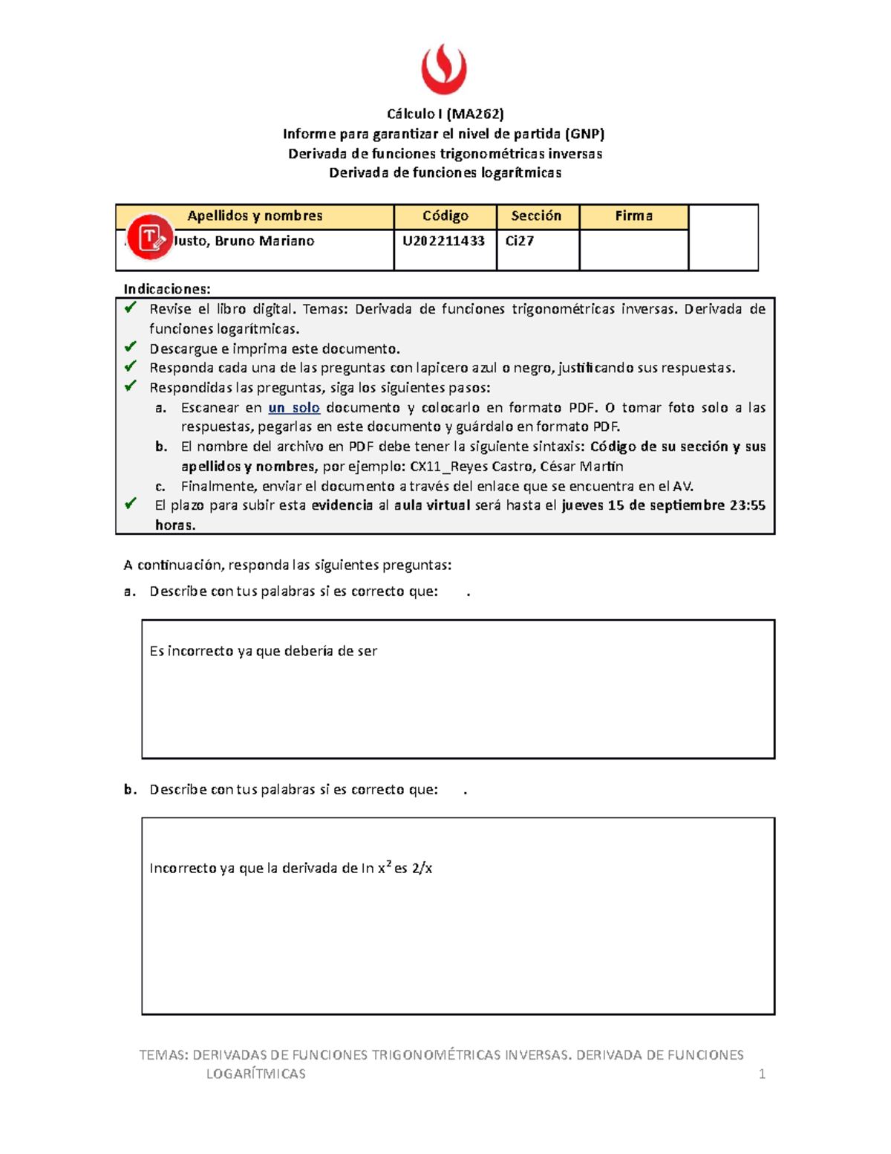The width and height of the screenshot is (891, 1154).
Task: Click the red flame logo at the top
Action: pos(444,69)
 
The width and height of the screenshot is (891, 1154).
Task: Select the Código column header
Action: pos(446,216)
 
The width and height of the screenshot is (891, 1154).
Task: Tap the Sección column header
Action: pos(536,216)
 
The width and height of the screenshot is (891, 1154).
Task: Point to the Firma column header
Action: pos(633,216)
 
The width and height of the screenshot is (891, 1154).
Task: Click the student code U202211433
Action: pos(443,241)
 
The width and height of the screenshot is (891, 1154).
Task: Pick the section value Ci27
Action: pos(520,241)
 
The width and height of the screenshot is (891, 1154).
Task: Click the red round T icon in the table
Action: pos(150,237)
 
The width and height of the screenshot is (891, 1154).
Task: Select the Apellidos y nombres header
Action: pos(255,216)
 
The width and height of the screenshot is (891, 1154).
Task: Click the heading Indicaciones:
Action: pos(167,289)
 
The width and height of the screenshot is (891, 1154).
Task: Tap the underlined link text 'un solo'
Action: pos(294,408)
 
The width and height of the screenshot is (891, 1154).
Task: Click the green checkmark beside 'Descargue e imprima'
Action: pos(131,347)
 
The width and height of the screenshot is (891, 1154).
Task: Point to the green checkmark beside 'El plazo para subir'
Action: pos(131,504)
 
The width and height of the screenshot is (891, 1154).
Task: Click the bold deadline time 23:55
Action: pos(747,505)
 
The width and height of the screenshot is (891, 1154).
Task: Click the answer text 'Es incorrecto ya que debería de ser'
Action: pos(264,651)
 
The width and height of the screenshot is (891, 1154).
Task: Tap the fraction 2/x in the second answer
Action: pos(422,868)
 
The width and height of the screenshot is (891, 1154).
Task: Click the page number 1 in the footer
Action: pos(762,1074)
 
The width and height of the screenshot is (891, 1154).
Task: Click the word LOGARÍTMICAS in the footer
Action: pos(256,1074)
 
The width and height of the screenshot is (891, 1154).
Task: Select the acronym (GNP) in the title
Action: pos(584,134)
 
